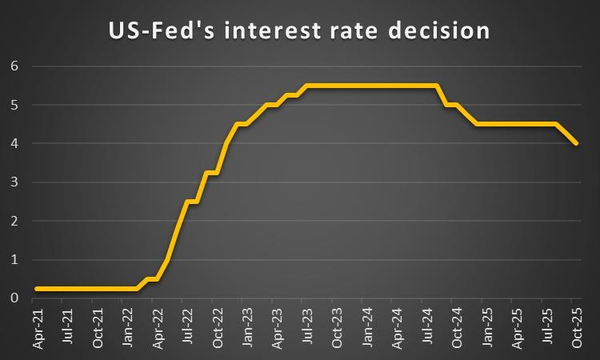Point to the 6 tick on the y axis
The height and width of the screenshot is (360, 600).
14,66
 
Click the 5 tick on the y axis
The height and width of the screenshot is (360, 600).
14,105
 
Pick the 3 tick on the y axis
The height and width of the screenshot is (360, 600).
14,182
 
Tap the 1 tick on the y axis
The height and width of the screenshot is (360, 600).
14,260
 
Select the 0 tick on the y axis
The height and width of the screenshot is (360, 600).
14,298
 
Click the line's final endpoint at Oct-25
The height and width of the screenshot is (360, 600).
576,143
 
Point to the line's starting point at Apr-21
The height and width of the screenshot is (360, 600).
37,289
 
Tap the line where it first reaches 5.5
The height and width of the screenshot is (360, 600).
306,86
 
